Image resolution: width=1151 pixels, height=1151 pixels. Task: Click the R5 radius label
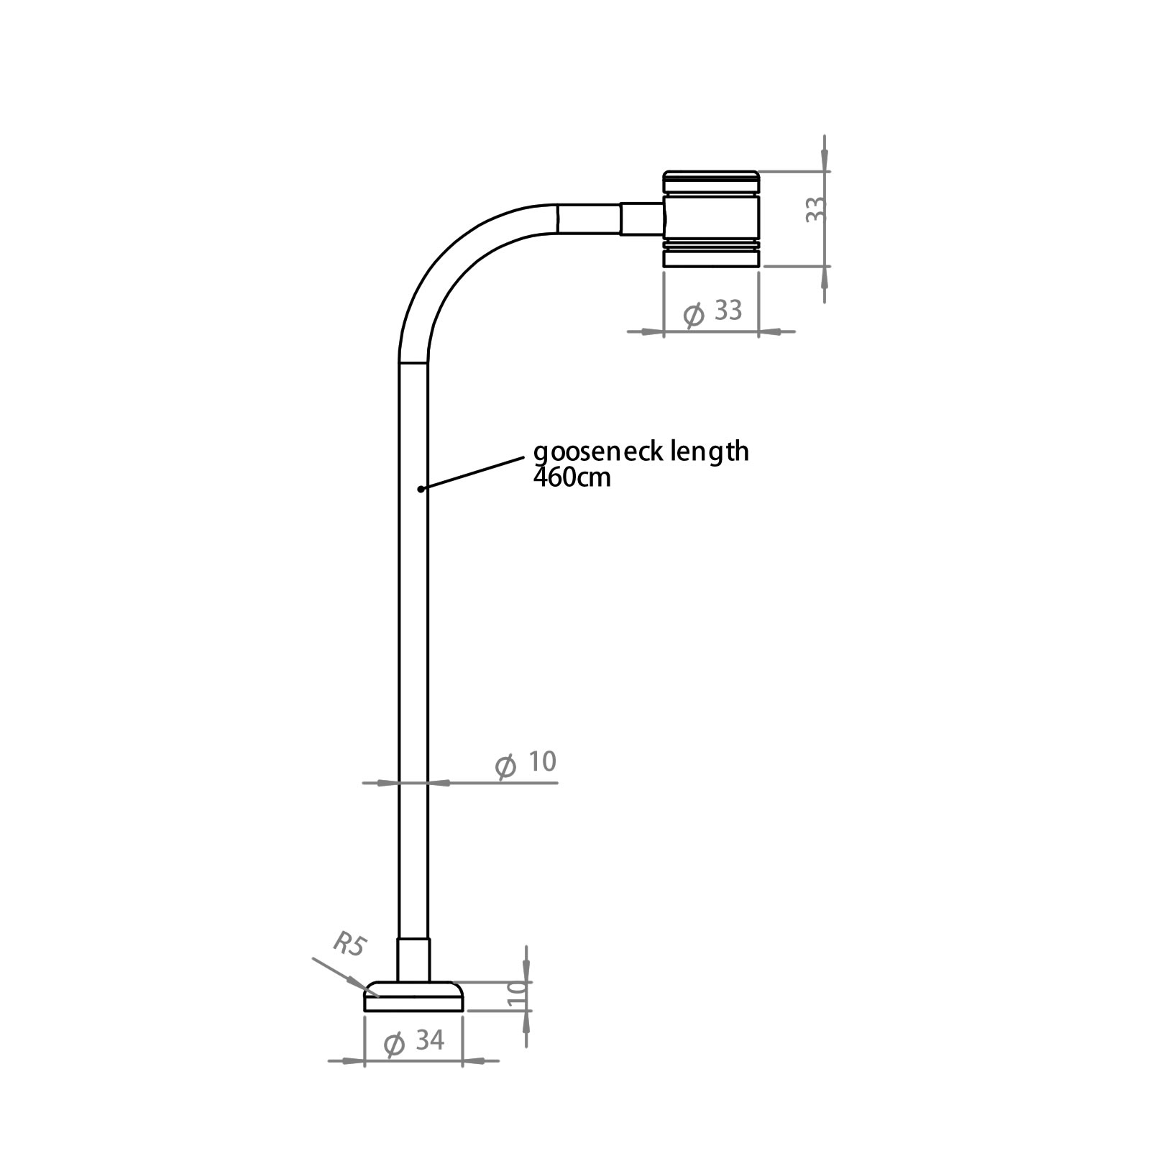349,944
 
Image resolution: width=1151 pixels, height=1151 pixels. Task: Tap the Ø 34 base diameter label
414,1042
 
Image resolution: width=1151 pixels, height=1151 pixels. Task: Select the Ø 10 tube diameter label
526,763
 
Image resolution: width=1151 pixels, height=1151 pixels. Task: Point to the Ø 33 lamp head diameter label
712,312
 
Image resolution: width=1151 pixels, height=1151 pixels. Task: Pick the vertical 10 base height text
518,996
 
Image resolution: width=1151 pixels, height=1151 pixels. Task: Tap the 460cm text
572,477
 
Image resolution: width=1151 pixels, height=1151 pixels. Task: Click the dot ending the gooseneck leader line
420,489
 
